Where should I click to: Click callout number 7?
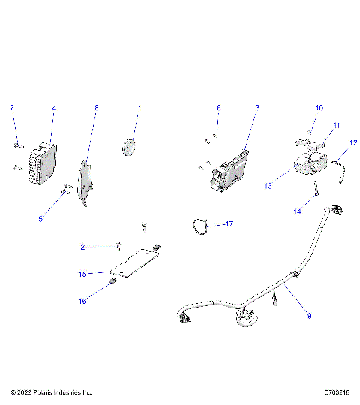pyautogui.click(x=11, y=108)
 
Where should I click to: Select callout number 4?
pyautogui.click(x=54, y=108)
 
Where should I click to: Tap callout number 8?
pyautogui.click(x=96, y=108)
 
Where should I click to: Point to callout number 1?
pyautogui.click(x=139, y=108)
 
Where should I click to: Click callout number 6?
pyautogui.click(x=219, y=108)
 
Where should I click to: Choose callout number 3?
pyautogui.click(x=257, y=108)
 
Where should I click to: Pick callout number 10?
pyautogui.click(x=318, y=108)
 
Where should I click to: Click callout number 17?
pyautogui.click(x=229, y=224)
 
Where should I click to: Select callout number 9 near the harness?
pyautogui.click(x=309, y=316)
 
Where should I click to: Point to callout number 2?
pyautogui.click(x=82, y=246)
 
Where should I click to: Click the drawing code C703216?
pyautogui.click(x=339, y=392)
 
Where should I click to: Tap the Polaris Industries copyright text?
pyautogui.click(x=52, y=392)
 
